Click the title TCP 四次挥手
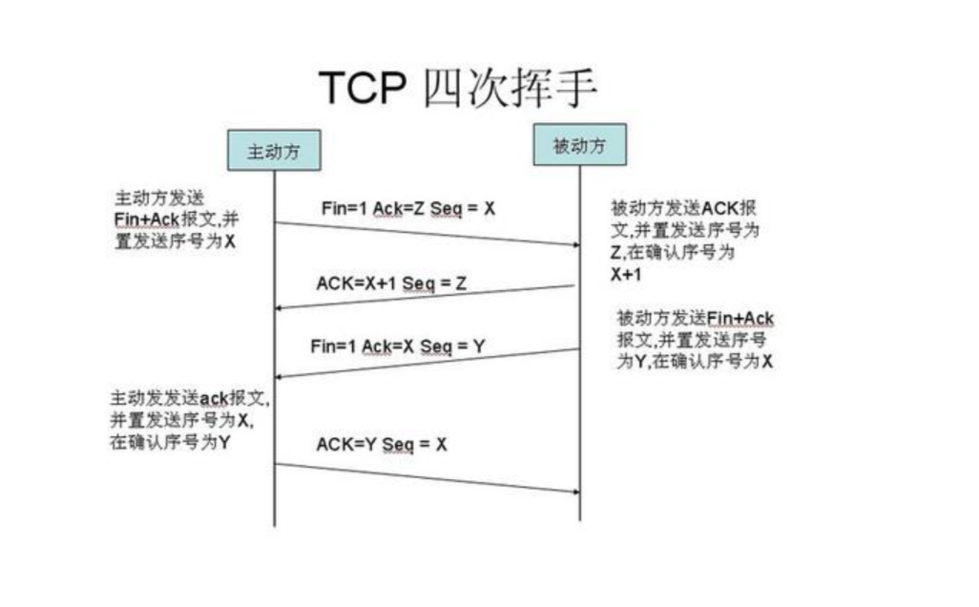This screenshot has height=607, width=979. [x=457, y=89]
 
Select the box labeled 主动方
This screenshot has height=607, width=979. [x=273, y=150]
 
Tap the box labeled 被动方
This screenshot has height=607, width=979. [x=579, y=144]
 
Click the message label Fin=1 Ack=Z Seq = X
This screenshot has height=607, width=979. [x=407, y=207]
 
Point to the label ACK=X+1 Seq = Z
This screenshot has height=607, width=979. [x=390, y=283]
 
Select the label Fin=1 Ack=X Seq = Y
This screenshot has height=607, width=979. [x=397, y=346]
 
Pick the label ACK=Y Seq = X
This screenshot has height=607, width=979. [x=382, y=444]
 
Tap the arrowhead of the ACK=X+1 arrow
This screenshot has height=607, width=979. [x=281, y=308]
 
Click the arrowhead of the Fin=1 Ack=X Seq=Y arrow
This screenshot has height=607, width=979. [x=281, y=376]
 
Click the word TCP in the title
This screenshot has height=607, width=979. [x=362, y=89]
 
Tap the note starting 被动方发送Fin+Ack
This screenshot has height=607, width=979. [x=696, y=340]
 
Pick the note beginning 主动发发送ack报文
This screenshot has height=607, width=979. [x=187, y=420]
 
